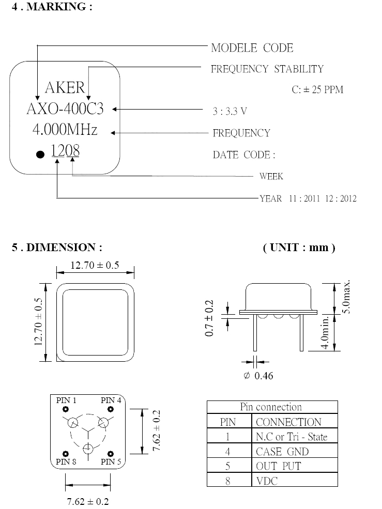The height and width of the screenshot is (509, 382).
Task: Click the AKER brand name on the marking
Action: point(65,87)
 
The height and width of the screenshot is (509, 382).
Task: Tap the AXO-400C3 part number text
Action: point(65,109)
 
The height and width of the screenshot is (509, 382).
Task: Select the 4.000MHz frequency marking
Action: point(65,130)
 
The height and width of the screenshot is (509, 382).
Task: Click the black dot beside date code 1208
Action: point(40,154)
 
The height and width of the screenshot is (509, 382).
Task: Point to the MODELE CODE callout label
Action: point(252,48)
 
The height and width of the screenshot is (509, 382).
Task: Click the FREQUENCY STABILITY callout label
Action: point(267,69)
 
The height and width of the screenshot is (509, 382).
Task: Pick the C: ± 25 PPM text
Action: point(317,89)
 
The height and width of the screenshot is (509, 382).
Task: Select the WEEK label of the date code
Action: point(271,176)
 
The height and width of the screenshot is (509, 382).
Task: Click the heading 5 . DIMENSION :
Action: point(57,248)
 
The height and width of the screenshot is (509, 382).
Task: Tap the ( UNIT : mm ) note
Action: point(299,248)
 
